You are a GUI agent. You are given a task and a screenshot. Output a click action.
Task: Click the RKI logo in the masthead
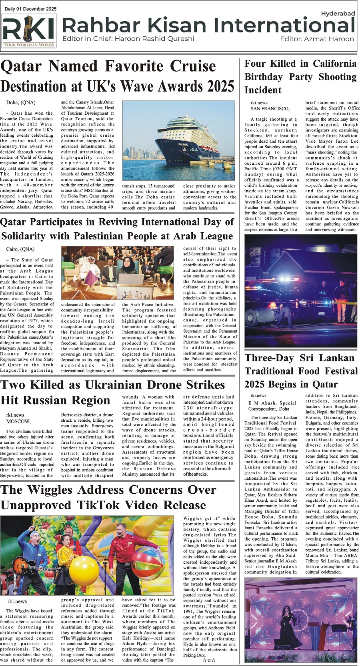coord(29,32)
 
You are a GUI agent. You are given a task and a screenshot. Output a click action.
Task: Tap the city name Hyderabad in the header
coord(338,14)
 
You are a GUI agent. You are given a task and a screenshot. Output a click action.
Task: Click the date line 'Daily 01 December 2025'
coord(31,9)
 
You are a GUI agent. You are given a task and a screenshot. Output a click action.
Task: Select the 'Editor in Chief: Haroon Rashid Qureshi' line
coord(128,39)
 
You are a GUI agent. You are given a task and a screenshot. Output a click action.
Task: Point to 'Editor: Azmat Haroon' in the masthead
coord(317,39)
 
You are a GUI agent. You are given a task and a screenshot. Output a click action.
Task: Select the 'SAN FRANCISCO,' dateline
coord(270,109)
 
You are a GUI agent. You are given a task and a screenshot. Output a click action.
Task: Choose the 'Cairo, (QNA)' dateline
coord(20,249)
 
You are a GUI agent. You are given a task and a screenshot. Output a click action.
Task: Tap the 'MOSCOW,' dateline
coord(18,421)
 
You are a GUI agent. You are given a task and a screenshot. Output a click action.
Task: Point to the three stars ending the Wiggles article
coord(209,660)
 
